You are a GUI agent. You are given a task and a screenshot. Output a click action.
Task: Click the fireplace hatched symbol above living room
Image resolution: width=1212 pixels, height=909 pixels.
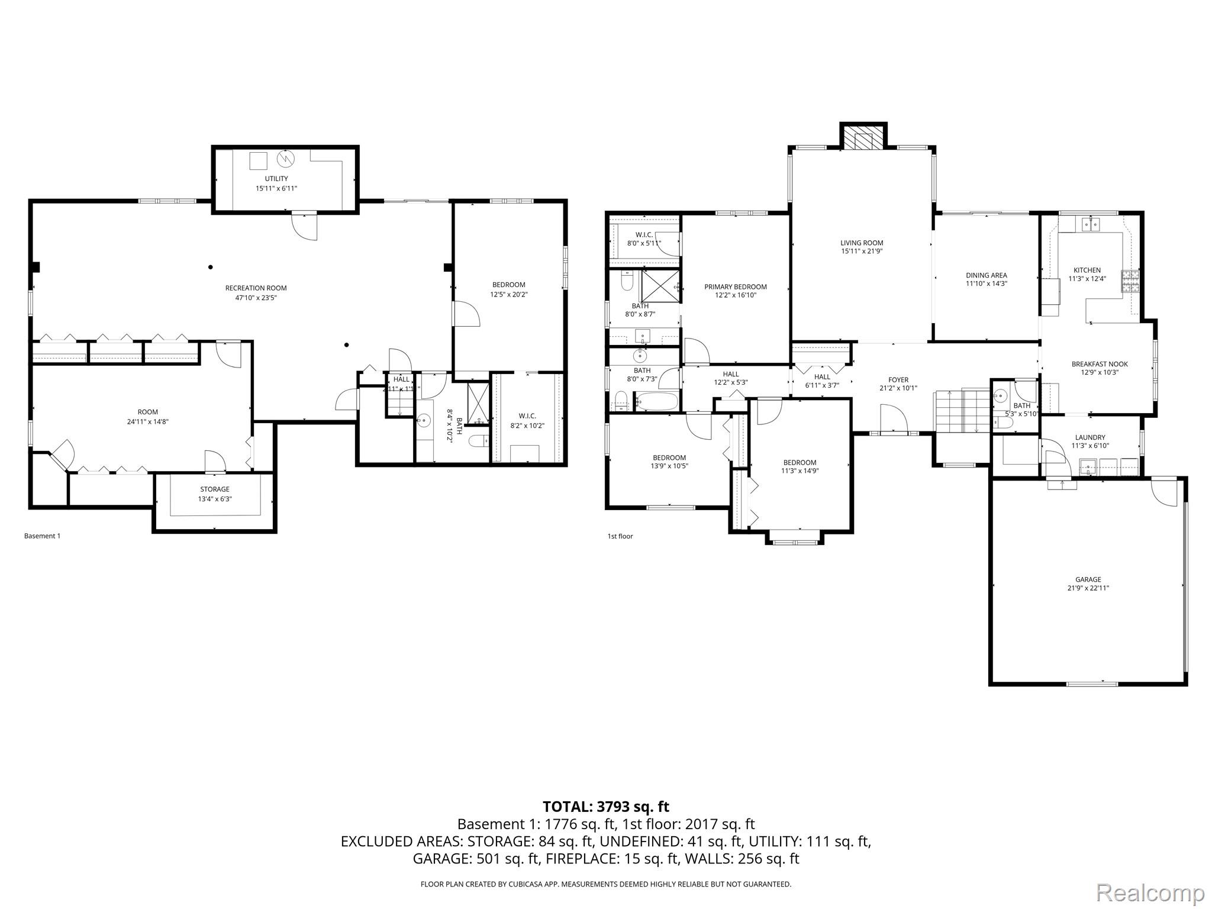tap(863, 140)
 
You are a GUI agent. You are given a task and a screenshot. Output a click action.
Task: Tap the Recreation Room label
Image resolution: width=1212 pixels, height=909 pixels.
tap(256, 288)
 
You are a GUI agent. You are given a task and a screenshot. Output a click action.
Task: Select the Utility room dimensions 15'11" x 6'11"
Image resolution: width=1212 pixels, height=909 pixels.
tap(276, 188)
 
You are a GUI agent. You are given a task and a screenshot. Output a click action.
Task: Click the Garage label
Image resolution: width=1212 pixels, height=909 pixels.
tap(1088, 579)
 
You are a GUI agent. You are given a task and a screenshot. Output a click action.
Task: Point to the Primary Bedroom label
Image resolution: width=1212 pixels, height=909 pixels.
tap(735, 287)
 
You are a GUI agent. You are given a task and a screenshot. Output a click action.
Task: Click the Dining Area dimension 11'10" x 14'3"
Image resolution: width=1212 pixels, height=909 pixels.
tap(986, 283)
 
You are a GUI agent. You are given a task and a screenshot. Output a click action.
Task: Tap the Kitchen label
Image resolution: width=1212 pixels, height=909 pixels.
tap(1087, 270)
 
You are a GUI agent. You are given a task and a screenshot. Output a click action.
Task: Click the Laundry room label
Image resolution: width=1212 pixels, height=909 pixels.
tap(1089, 437)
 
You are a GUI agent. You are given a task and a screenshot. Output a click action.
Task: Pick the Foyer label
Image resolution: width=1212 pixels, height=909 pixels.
tap(898, 380)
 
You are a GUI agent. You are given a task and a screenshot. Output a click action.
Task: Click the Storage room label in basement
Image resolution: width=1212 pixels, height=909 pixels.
tap(214, 489)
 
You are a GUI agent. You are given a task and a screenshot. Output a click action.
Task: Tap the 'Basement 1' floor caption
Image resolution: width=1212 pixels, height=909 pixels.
tap(42, 536)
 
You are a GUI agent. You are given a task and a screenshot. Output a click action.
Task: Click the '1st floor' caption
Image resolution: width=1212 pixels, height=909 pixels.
tap(620, 536)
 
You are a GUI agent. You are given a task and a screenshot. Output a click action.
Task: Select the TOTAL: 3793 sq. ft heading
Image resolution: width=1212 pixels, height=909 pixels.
tap(605, 806)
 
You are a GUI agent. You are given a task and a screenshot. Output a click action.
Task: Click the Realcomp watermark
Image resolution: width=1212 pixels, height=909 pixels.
tap(1150, 892)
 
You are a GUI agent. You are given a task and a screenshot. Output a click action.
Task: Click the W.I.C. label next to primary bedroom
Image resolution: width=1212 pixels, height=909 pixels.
tap(644, 235)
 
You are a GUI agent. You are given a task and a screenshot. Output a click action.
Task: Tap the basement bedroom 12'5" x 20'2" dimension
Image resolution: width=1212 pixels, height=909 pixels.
tap(508, 294)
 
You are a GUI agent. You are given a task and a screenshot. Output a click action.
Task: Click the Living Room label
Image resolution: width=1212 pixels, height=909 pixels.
tap(861, 243)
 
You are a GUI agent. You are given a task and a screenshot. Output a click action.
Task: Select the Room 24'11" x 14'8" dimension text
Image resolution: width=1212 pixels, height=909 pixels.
tap(148, 421)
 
